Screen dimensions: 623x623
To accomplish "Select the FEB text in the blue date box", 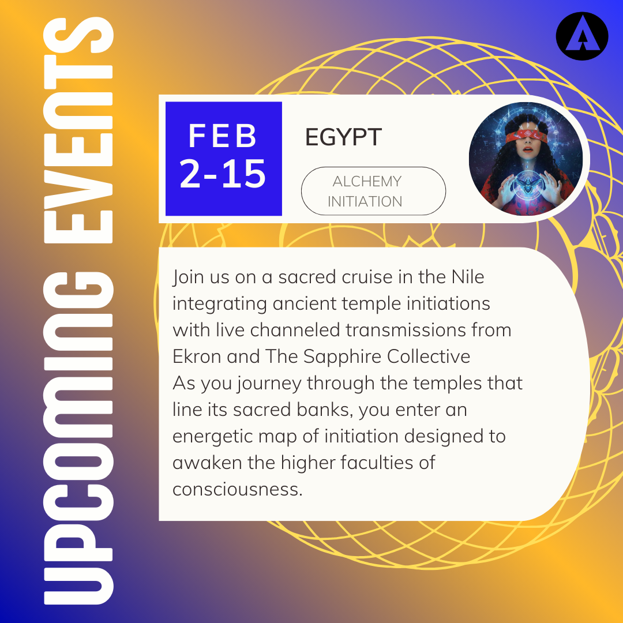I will coord(223,136).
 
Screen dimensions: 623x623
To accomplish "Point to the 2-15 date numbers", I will coord(223,174).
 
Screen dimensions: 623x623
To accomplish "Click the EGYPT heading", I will coord(343,137).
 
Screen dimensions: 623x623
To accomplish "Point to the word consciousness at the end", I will coord(238,489).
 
